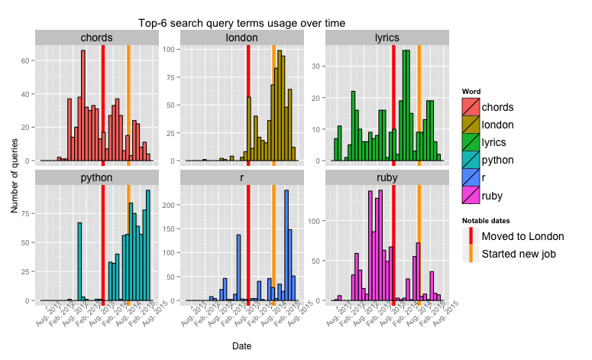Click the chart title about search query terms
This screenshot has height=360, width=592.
tap(241, 24)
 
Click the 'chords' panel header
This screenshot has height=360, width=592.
tap(96, 37)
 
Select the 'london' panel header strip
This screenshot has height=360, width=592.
tap(241, 37)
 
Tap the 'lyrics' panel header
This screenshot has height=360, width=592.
tap(387, 37)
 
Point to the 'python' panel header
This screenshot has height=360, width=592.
tap(96, 177)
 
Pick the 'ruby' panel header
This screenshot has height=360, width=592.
tap(387, 177)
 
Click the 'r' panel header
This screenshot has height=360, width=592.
tap(241, 177)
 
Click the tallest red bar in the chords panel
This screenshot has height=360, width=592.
tap(82, 107)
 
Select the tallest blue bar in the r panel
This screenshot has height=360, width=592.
tap(286, 245)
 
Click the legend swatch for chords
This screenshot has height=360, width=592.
tap(471, 107)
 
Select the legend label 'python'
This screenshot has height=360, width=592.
tap(498, 161)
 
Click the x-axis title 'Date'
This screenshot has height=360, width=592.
tap(241, 346)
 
